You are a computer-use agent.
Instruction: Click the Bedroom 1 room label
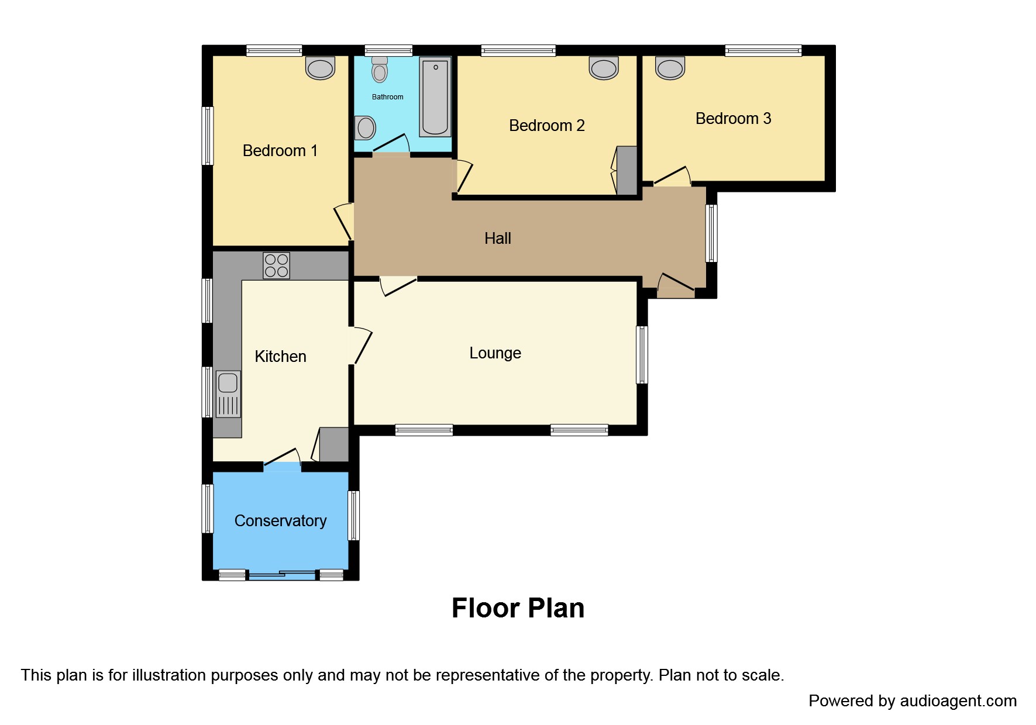[x=280, y=151]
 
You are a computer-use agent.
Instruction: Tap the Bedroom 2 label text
[x=546, y=126]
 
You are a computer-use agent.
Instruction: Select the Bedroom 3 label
[x=733, y=119]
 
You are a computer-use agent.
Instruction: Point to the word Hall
[x=497, y=239]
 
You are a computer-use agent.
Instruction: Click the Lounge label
[x=495, y=353]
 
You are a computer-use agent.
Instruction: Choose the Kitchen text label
[x=280, y=357]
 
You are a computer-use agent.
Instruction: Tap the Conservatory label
[x=280, y=521]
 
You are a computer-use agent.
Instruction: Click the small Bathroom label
[x=387, y=97]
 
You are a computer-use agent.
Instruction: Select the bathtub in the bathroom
[x=435, y=96]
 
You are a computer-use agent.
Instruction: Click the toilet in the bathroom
[x=380, y=70]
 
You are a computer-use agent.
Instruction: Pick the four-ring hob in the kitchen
[x=276, y=265]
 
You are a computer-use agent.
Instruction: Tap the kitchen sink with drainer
[x=228, y=394]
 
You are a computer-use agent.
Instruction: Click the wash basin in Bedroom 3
[x=670, y=68]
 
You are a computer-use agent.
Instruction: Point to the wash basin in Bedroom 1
[x=320, y=68]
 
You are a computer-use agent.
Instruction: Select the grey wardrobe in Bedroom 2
[x=627, y=170]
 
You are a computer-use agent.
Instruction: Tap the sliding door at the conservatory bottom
[x=282, y=575]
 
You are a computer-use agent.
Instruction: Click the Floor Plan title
[x=518, y=608]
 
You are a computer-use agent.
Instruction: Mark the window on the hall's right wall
[x=711, y=233]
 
